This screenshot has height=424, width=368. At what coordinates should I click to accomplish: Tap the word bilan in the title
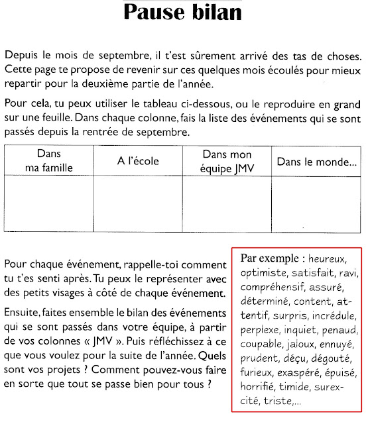[x=219, y=12]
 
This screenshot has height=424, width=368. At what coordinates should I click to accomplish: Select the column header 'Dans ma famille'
[x=48, y=161]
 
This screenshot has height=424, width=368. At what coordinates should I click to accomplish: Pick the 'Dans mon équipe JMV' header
[x=227, y=161]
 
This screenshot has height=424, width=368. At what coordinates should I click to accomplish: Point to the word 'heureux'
[x=327, y=258]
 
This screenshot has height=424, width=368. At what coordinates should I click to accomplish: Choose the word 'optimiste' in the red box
[x=263, y=272]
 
